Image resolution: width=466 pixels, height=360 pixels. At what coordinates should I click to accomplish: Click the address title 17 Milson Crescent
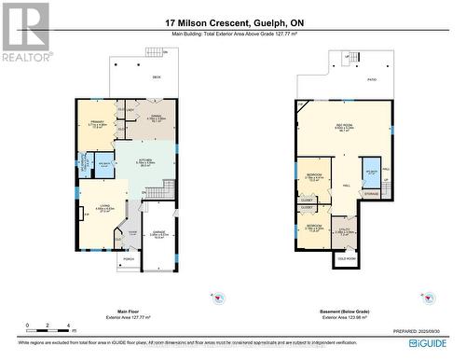click(x=232, y=22)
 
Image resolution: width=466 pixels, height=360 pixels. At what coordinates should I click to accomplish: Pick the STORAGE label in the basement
click(x=372, y=194)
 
